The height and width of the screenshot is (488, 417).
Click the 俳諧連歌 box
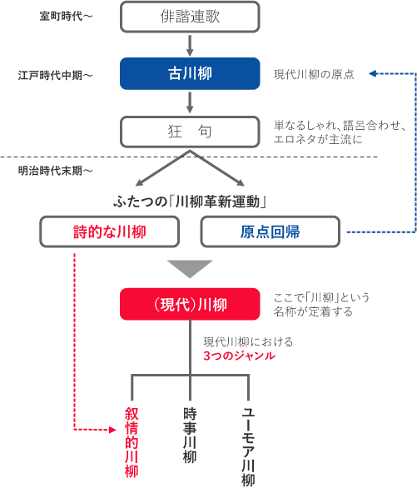pos(190,17)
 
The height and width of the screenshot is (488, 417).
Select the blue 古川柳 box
pos(190,73)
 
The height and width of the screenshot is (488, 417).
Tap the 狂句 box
pos(190,132)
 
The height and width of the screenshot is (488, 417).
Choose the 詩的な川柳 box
pos(111,232)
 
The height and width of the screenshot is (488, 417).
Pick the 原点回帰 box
pos(271,232)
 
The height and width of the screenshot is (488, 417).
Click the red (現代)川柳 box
pos(190,305)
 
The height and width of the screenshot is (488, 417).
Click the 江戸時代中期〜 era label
pos(55,75)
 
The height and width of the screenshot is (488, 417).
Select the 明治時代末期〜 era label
pos(55,171)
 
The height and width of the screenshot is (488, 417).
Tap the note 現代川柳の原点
pos(314,75)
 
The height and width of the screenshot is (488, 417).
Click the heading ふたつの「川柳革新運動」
pos(190,201)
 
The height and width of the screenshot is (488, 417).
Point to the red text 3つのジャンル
pos(239,356)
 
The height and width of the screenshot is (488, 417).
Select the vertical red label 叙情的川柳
pos(132,442)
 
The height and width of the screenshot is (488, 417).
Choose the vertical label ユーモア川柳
pos(248,446)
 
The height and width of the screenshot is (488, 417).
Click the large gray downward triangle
pos(190,267)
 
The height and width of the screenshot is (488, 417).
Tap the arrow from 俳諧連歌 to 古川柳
pos(190,45)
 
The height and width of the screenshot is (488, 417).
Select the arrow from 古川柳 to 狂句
pos(190,102)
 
